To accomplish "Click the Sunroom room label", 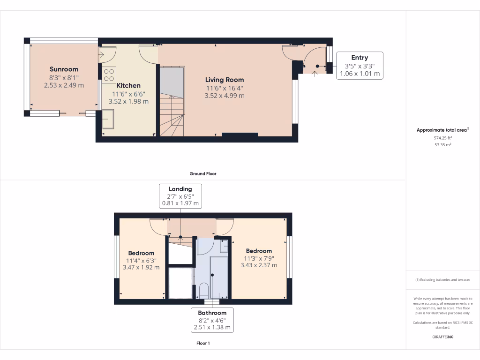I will tap(64, 69).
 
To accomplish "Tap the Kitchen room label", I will tap(128, 86).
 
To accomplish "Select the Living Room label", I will tap(225, 80).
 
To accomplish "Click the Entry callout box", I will tap(360, 66).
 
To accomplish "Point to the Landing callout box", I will tap(180, 196).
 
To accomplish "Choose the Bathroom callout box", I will tap(212, 320).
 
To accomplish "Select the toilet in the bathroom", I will tap(204, 290).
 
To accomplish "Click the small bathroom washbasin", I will tap(224, 246).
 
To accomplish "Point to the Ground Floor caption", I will tap(202, 173).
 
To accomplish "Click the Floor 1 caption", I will tap(202, 343).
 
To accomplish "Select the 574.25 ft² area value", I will tap(442, 138).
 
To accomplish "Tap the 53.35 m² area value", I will tap(442, 145).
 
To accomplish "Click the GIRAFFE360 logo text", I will tap(442, 337).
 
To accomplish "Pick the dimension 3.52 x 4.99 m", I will tap(225, 96).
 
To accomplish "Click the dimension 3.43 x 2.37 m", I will tap(258, 265).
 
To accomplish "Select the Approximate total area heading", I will tap(442, 130).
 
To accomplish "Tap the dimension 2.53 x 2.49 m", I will tap(64, 85).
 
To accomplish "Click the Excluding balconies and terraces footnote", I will tap(442, 280).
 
